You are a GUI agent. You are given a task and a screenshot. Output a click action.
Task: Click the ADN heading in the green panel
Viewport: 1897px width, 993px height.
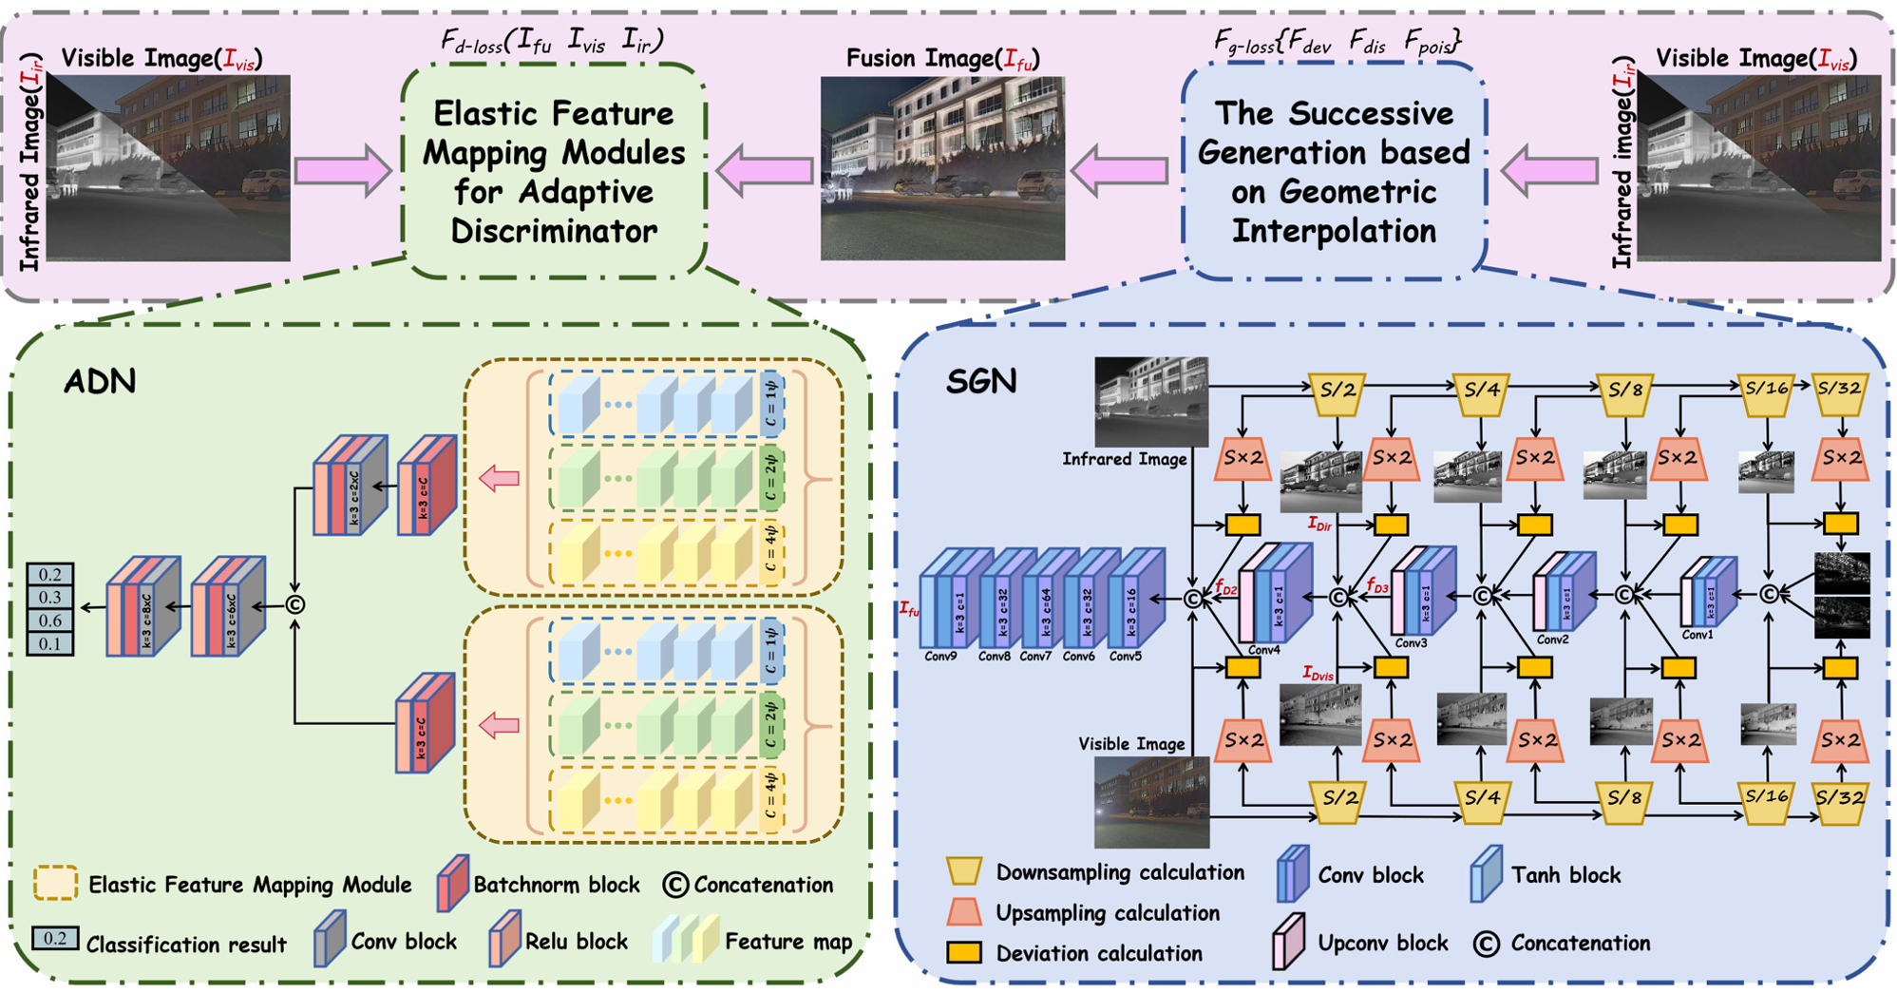(x=100, y=381)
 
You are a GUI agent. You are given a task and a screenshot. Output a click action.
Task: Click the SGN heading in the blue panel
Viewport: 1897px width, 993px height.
(x=981, y=381)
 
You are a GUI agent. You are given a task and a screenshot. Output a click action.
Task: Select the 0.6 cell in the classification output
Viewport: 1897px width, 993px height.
(x=50, y=621)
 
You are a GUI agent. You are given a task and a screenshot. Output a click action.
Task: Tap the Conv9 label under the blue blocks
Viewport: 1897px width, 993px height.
(x=940, y=657)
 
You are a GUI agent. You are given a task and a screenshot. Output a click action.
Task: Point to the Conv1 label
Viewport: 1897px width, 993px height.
(x=1698, y=634)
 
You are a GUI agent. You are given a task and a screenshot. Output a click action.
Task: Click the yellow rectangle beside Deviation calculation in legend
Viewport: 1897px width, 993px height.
(x=963, y=953)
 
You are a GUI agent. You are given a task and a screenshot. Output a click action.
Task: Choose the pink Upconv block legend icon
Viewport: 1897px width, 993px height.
(x=1289, y=941)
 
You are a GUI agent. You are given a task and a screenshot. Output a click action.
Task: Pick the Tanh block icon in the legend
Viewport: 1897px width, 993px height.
(x=1486, y=873)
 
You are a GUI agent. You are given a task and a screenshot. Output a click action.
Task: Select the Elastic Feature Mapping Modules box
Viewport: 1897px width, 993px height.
(x=554, y=172)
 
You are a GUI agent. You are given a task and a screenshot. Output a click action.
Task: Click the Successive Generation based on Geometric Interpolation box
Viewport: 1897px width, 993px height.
(x=1334, y=172)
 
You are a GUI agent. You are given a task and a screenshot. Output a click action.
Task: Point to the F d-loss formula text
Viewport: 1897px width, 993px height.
(x=552, y=40)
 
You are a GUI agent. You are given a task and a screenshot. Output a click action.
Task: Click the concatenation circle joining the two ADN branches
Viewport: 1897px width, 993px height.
(x=295, y=604)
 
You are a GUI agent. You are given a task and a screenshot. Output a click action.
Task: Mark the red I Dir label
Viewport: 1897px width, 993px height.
(x=1319, y=524)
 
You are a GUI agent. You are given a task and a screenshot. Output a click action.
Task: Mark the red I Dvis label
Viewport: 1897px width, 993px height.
(x=1318, y=674)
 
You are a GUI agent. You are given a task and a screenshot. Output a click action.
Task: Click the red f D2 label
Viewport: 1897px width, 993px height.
(x=1225, y=588)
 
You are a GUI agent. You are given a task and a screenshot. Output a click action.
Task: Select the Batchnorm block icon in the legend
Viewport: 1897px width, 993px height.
(x=452, y=883)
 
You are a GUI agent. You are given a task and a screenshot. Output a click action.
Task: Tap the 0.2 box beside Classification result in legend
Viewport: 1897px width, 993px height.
(x=54, y=939)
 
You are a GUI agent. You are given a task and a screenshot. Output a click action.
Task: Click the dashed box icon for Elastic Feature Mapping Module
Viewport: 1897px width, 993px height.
(x=55, y=883)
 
